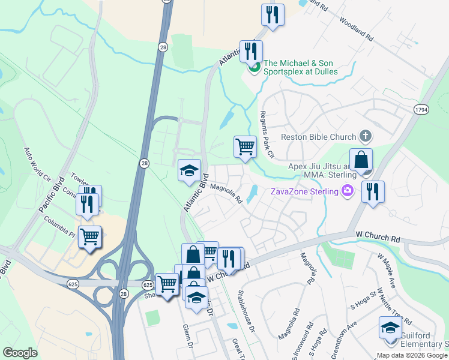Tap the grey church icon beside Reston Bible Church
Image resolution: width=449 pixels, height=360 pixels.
364,136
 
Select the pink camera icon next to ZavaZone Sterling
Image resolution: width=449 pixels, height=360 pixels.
346,191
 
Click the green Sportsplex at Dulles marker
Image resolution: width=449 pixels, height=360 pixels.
254,67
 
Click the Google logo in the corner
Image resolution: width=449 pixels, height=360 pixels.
20,352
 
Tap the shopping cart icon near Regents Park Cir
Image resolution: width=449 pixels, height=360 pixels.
245,146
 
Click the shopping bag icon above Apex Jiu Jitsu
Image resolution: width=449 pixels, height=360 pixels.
361,161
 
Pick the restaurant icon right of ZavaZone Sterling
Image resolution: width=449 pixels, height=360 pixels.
373,192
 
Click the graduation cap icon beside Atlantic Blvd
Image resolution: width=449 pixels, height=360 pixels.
189,170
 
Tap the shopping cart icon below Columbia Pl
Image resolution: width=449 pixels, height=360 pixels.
90,236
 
